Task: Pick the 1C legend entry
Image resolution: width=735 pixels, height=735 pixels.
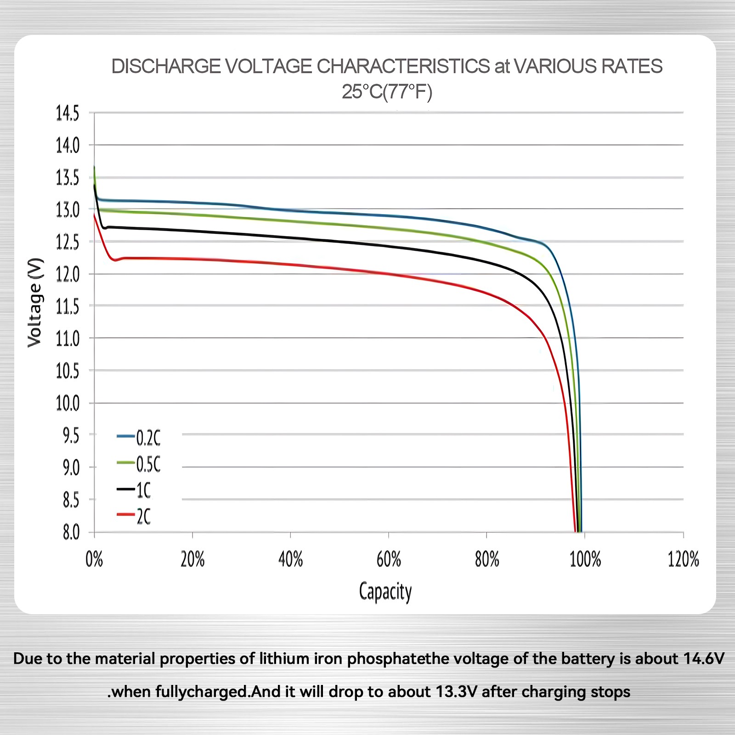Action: pos(134,491)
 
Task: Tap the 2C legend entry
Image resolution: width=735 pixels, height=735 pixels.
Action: pos(134,516)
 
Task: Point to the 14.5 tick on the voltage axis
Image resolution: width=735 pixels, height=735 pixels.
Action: pos(68,113)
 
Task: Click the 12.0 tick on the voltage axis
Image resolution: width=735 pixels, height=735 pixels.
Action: pos(68,275)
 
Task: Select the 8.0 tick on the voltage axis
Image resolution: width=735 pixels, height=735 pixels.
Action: pos(71,533)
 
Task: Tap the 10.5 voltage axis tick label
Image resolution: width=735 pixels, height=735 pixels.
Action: pos(68,371)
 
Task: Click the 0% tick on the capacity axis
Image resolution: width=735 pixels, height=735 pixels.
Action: pos(94,560)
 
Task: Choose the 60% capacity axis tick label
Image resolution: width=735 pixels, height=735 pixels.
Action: pos(389,560)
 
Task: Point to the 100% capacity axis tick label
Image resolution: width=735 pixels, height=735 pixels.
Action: pos(585,560)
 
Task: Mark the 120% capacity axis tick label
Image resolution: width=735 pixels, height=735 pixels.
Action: pos(684,560)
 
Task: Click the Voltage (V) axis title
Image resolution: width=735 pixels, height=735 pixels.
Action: pos(35,303)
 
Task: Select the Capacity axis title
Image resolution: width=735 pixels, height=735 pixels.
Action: pos(385,592)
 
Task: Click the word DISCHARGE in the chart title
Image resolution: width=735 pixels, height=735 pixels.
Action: pos(166,67)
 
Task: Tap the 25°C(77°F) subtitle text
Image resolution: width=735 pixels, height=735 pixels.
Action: pos(387,92)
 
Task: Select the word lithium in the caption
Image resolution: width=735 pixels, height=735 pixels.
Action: pos(284,659)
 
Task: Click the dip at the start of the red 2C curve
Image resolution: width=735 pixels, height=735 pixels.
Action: pos(115,260)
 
